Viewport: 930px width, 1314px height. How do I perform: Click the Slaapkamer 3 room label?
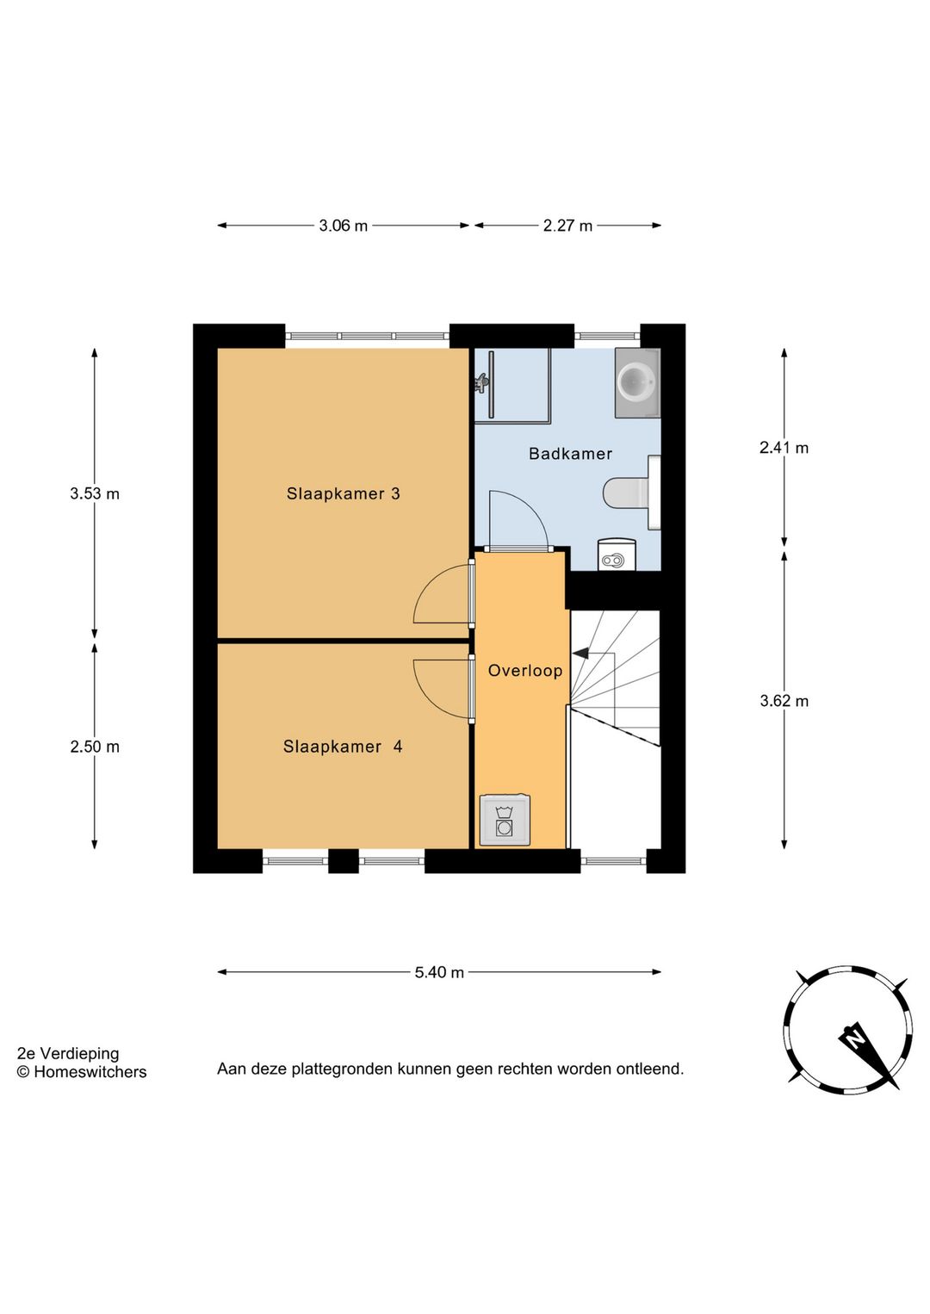(344, 493)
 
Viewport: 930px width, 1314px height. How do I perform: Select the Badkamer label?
(570, 454)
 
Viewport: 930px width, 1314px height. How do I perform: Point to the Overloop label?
(525, 671)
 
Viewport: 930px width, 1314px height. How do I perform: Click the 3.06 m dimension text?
(344, 226)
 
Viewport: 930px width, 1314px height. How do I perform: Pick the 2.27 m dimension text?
(568, 226)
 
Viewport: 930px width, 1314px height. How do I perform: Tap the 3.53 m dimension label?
(95, 494)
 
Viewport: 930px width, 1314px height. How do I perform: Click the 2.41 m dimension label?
(784, 448)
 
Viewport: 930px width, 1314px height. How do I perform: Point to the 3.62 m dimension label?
(784, 701)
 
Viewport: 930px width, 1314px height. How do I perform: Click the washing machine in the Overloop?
(505, 821)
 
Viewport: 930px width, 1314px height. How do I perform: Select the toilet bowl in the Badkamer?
(626, 493)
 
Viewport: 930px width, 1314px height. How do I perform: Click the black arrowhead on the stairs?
(580, 653)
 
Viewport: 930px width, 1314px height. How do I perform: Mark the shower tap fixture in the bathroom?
(482, 383)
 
